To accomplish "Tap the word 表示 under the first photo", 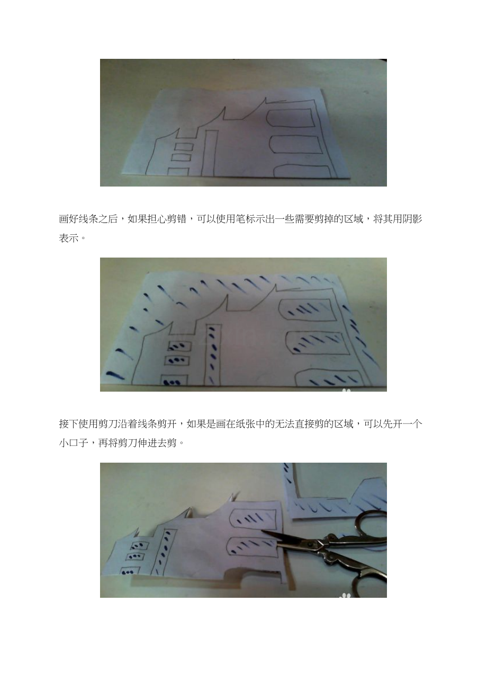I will [x=68, y=238].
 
